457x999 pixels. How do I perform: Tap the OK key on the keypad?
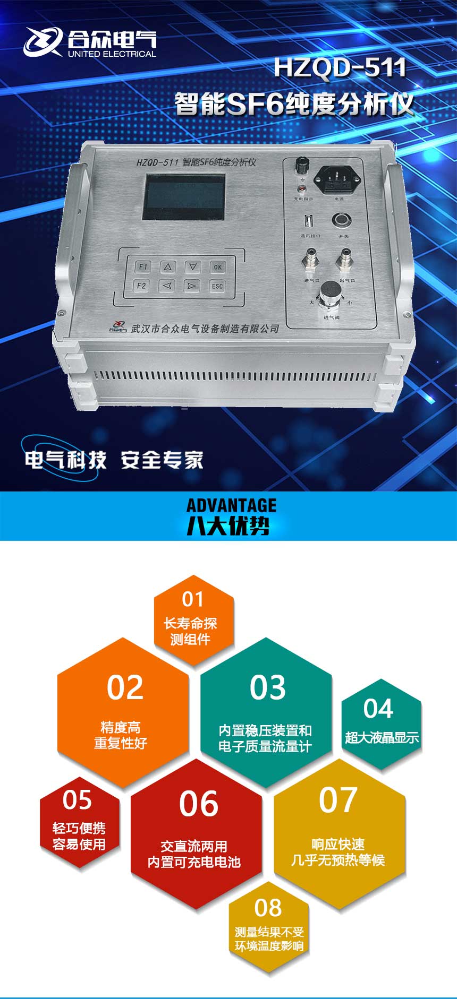point(217,267)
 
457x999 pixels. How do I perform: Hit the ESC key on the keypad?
point(217,286)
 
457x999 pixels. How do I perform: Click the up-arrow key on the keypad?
point(167,267)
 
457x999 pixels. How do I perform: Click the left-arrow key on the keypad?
point(167,286)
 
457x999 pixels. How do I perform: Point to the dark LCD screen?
point(183,197)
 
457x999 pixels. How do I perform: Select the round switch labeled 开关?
point(341,220)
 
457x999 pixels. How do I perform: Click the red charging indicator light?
point(302,190)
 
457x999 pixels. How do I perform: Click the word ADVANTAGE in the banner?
point(231,505)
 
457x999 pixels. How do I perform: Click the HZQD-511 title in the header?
point(340,68)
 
